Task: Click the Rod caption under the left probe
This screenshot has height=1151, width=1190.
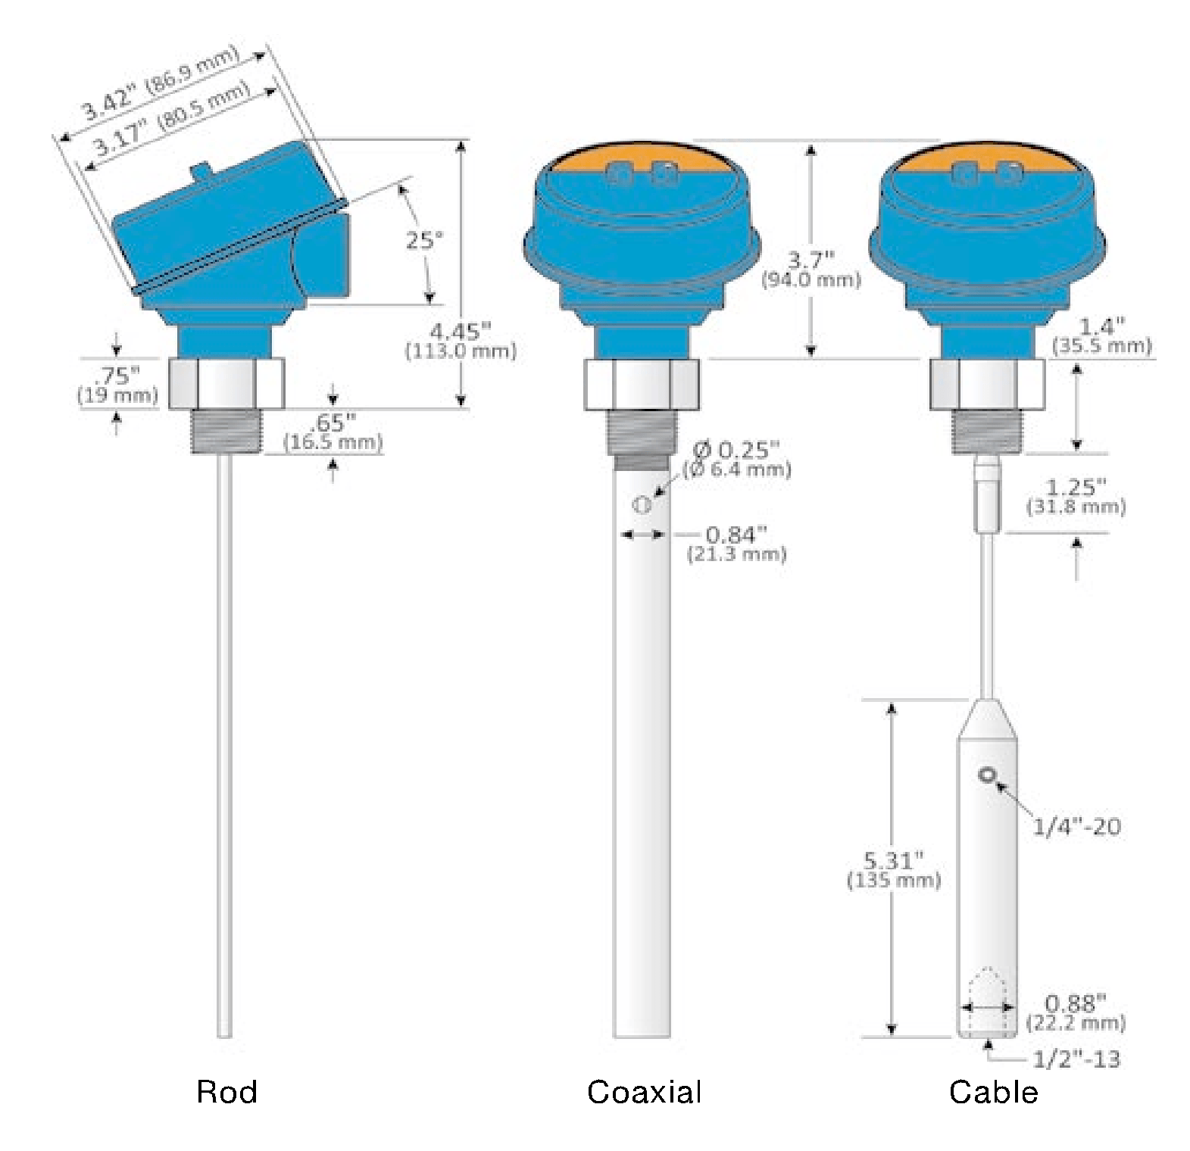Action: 226,1092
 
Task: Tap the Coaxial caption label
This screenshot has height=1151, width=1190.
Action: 644,1092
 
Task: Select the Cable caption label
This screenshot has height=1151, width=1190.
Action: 993,1092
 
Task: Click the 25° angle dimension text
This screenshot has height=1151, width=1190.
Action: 424,241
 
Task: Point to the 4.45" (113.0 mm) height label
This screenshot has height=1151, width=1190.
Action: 461,341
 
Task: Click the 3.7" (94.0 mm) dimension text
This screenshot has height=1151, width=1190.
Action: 811,270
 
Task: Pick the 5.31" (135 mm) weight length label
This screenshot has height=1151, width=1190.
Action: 894,869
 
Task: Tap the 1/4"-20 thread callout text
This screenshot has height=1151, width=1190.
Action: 1076,826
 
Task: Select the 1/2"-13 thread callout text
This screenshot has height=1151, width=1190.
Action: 1076,1059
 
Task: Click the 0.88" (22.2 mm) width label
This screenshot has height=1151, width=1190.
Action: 1076,1012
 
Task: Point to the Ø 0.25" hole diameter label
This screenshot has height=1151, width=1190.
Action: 737,459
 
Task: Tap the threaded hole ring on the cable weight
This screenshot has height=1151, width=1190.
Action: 987,775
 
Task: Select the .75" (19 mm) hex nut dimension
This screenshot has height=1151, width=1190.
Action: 118,384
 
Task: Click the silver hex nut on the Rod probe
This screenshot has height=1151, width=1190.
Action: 226,384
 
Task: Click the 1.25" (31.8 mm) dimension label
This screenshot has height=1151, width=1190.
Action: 1076,496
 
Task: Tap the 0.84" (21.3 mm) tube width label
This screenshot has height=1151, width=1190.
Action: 736,544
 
